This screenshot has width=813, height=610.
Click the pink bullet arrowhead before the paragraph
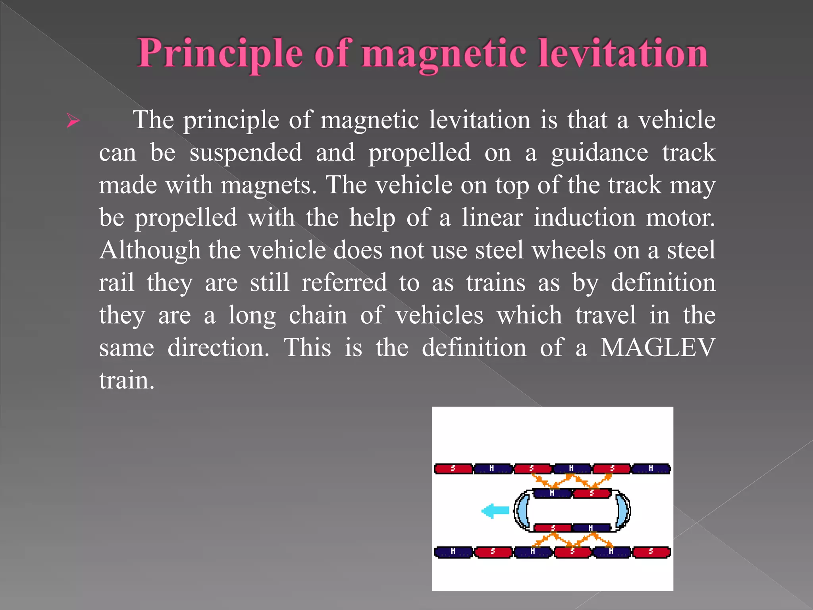point(73,120)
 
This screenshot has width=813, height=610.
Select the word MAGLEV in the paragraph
point(657,347)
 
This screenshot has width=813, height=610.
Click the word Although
point(150,250)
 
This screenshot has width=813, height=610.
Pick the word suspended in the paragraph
point(245,152)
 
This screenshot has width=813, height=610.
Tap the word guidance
point(599,153)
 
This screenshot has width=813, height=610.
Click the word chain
point(318,315)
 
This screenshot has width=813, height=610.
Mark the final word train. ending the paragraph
point(126,380)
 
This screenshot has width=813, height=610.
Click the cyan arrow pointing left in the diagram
point(495,511)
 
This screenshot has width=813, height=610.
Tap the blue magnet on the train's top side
point(552,493)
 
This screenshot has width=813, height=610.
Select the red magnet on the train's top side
point(591,493)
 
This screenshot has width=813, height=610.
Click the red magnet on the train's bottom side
point(553,528)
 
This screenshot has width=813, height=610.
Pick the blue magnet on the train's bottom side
point(591,528)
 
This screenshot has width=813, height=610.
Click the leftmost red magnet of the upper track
point(453,469)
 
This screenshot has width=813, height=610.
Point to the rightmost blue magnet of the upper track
point(651,469)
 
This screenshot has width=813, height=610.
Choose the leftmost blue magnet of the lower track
point(453,552)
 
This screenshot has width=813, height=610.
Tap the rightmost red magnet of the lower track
point(651,552)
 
